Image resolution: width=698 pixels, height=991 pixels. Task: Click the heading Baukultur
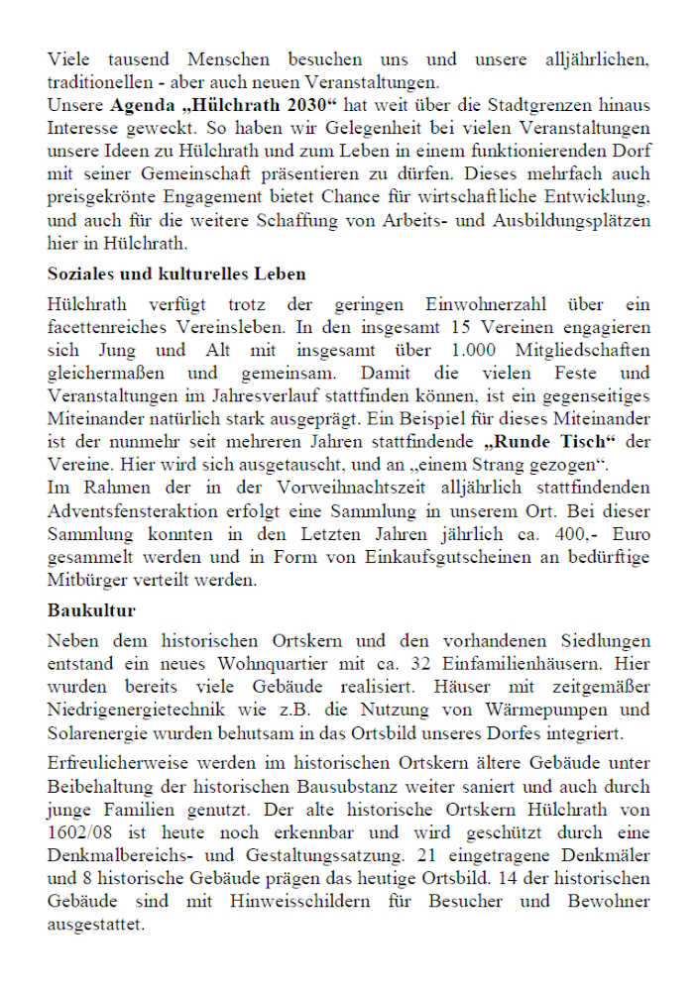(91, 610)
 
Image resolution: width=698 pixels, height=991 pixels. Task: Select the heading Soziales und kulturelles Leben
(176, 275)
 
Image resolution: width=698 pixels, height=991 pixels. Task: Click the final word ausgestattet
(95, 926)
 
